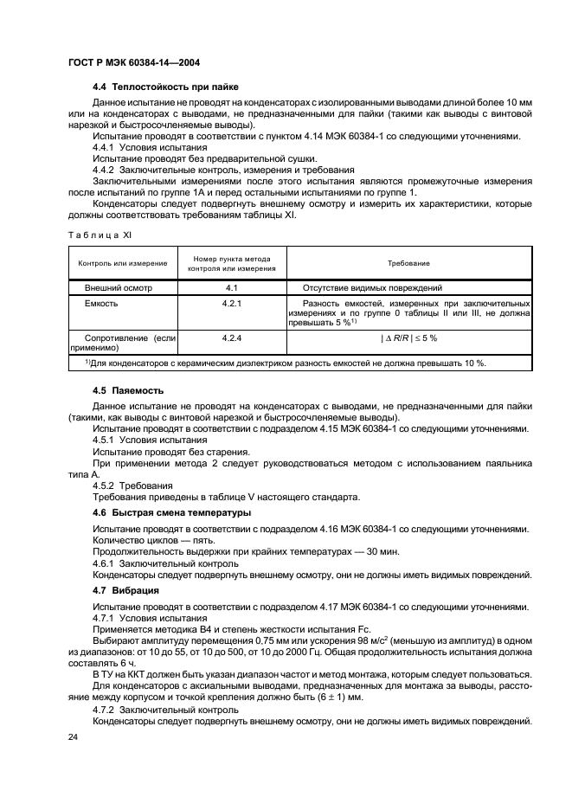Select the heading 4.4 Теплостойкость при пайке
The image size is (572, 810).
(x=164, y=87)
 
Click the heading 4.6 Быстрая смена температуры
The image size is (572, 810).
(x=171, y=512)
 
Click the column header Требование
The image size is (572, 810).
(x=408, y=263)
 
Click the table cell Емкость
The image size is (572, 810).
(x=101, y=305)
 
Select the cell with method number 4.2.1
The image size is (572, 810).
(x=231, y=305)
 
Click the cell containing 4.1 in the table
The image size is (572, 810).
(x=231, y=287)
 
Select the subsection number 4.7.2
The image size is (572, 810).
(x=104, y=708)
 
